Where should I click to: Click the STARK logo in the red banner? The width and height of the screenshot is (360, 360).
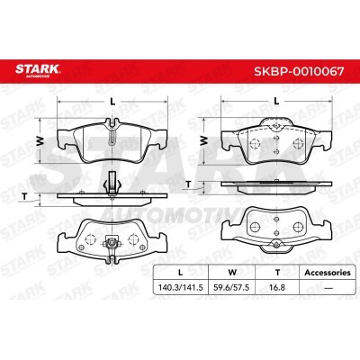coord(38,70)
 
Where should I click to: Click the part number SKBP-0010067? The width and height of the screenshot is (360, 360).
coord(299,72)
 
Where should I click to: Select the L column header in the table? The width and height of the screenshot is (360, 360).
coord(180,273)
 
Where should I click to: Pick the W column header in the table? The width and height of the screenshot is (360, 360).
coord(232,273)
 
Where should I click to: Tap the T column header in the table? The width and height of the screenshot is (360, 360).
coord(277,273)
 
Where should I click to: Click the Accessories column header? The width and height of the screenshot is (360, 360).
coord(328,273)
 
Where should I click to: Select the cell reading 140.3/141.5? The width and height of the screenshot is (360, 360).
coord(181,288)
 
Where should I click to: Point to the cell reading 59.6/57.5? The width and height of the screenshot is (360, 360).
coord(231,288)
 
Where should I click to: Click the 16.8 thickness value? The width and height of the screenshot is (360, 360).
coord(277,288)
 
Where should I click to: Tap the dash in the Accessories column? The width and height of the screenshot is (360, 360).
coord(328,288)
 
